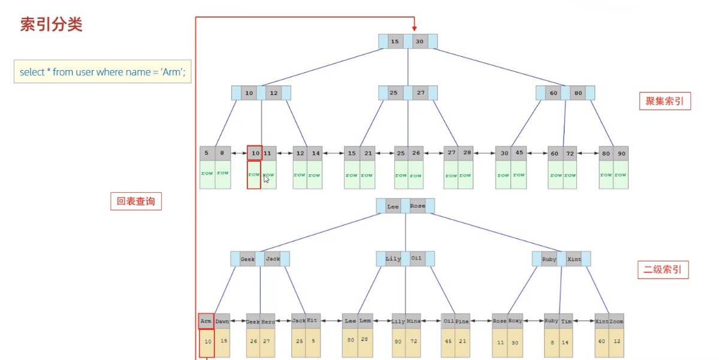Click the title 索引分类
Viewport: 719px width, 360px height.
click(x=51, y=25)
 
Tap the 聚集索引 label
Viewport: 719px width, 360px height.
click(x=664, y=102)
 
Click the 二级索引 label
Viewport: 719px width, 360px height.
click(x=663, y=270)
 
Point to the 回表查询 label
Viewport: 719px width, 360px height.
click(x=135, y=201)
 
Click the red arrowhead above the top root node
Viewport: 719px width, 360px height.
click(x=413, y=26)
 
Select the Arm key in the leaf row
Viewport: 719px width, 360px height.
click(x=206, y=321)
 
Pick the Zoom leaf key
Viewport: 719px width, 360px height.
click(x=617, y=322)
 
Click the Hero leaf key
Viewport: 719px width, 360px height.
click(x=268, y=322)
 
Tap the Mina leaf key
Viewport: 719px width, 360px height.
click(x=413, y=322)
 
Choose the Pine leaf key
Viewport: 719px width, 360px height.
click(x=462, y=322)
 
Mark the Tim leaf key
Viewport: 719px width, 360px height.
click(x=566, y=322)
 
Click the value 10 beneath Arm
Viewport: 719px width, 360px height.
click(x=207, y=341)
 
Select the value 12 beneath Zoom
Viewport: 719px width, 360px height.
click(x=617, y=341)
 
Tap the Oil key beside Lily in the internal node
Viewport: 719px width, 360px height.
click(x=416, y=259)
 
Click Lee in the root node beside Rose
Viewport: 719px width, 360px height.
click(x=393, y=206)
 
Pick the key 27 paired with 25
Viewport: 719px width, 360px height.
click(x=421, y=93)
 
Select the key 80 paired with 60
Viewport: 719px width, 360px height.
click(x=578, y=93)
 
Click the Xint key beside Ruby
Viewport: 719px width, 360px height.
click(x=574, y=259)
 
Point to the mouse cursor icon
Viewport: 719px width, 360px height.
click(x=266, y=178)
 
